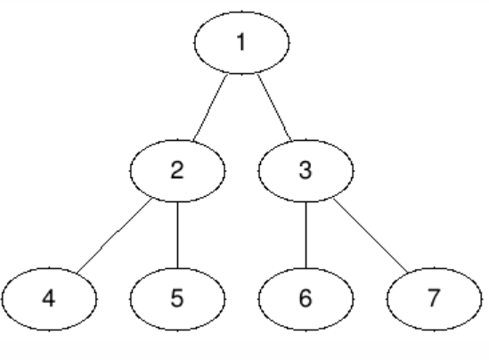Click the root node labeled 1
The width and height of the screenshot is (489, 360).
[241, 43]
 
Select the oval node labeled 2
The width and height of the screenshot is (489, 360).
[177, 170]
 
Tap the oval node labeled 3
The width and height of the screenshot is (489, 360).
[306, 170]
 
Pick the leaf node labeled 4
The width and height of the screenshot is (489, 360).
[49, 299]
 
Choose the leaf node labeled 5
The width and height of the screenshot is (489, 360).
[177, 299]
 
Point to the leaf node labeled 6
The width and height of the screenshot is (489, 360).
[306, 299]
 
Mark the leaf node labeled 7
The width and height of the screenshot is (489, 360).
[435, 299]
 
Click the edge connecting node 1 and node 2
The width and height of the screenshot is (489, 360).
[209, 108]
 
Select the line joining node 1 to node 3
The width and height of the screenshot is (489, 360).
[274, 108]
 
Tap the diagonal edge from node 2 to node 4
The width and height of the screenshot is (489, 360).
[114, 235]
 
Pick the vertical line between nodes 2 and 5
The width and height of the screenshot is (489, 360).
[177, 235]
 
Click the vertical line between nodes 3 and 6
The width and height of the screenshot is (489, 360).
[306, 235]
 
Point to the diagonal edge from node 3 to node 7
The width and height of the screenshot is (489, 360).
[371, 235]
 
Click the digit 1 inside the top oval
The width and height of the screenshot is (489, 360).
[240, 42]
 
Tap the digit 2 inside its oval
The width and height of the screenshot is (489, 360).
[177, 170]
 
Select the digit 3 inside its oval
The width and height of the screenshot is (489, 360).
[306, 170]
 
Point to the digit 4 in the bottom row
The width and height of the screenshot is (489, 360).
[49, 299]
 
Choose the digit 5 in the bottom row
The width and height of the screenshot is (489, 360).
[177, 299]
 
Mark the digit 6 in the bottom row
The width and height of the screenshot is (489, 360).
[306, 299]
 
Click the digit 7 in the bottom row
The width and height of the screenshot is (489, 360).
[434, 299]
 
